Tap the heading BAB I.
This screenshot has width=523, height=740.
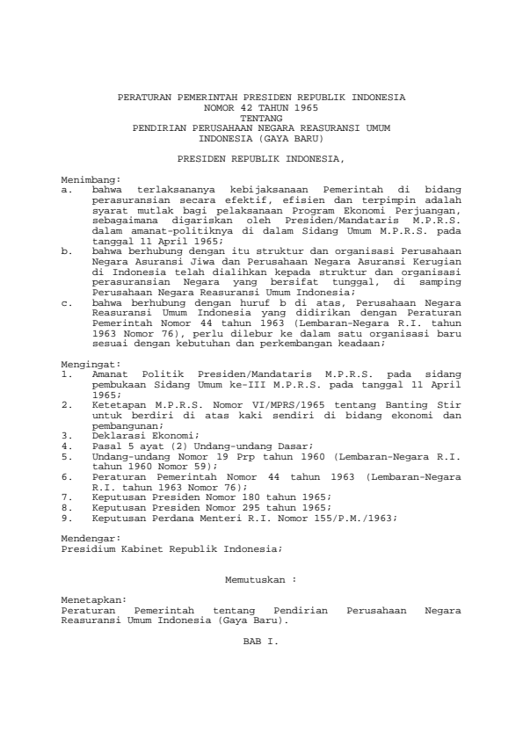tap(260, 642)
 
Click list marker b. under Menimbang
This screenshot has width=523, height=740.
tap(67, 250)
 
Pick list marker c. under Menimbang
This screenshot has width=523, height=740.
tap(67, 301)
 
